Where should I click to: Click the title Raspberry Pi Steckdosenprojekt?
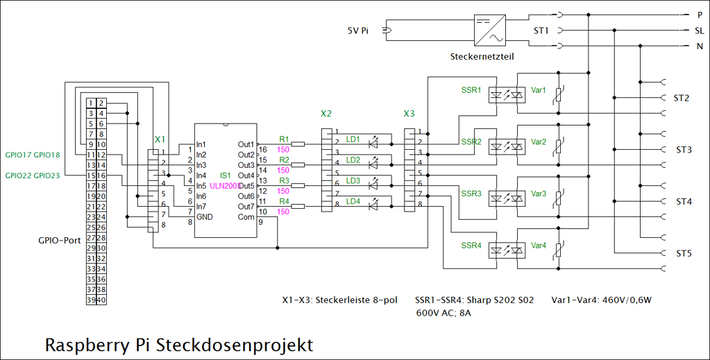[x=179, y=344]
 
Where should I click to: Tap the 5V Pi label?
[x=357, y=31]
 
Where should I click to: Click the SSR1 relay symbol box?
[x=505, y=95]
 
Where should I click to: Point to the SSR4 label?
[x=471, y=246]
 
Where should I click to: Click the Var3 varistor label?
[x=539, y=194]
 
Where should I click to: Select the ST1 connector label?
[x=541, y=31]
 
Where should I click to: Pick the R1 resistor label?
[x=283, y=139]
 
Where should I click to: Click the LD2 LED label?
[x=353, y=160]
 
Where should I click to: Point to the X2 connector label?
[x=326, y=113]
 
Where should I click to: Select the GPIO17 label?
[x=18, y=155]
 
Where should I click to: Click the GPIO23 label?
[x=47, y=175]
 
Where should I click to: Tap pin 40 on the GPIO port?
[x=101, y=300]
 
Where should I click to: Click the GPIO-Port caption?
[x=60, y=241]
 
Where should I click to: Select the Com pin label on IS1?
[x=246, y=217]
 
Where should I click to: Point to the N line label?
[x=700, y=47]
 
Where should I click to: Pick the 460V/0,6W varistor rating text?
[x=629, y=301]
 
